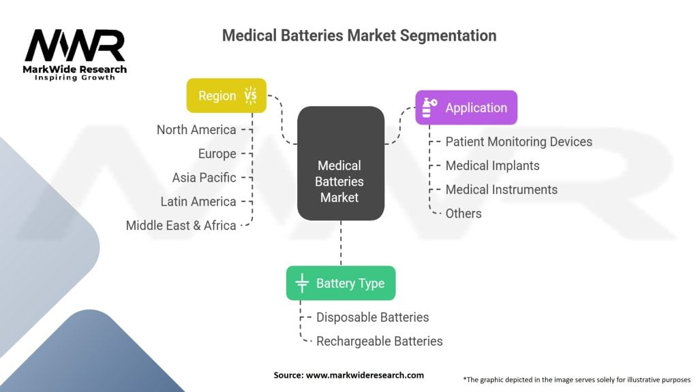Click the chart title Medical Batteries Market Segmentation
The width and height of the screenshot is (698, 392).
[359, 35]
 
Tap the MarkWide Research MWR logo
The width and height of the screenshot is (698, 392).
[76, 54]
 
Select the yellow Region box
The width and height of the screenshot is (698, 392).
[226, 96]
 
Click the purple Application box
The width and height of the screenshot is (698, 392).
[466, 108]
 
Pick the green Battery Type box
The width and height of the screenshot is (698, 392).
[340, 283]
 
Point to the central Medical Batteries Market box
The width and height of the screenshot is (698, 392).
[340, 181]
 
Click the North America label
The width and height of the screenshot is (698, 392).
[196, 130]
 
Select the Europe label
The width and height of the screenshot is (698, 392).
[217, 154]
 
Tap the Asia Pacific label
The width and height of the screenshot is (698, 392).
[204, 178]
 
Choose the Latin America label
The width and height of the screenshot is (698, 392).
[198, 201]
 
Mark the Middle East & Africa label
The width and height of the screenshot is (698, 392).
[181, 225]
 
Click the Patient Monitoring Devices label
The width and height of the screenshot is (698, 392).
[518, 142]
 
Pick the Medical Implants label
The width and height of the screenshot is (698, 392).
[492, 165]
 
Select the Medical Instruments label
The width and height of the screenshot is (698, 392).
[501, 189]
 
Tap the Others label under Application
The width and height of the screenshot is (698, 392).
[464, 213]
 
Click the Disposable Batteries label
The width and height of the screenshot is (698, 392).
[372, 317]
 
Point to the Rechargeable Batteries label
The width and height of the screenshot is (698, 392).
[379, 341]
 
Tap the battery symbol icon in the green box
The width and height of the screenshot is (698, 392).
[302, 283]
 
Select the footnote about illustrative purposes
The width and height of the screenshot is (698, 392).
[577, 379]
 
